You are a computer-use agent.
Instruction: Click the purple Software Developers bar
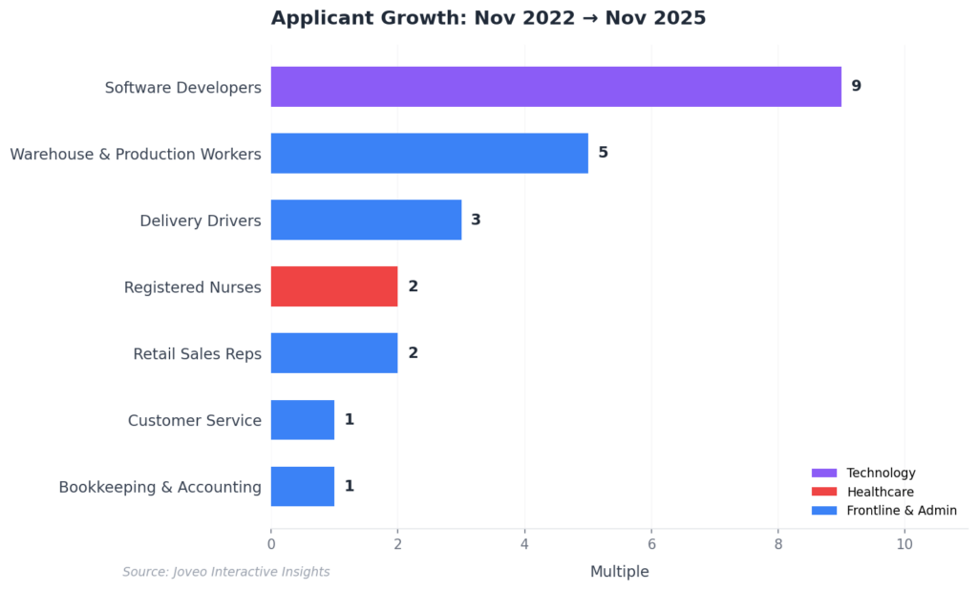555,87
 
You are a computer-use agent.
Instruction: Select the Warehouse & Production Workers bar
429,153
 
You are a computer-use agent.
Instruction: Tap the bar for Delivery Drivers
366,220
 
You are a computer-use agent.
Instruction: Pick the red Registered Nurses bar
333,286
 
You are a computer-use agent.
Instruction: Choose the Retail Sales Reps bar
333,353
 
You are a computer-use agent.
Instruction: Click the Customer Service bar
302,420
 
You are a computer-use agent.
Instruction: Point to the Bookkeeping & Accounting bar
302,487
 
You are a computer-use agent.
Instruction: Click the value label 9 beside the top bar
856,87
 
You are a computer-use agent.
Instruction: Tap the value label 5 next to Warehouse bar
603,153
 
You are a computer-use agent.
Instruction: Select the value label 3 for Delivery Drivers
476,220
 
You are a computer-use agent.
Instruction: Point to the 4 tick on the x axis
524,544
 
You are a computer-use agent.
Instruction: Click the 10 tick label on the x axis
904,544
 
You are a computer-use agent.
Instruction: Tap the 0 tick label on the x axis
271,544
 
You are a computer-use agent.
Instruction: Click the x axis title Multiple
619,572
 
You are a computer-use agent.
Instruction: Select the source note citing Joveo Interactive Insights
226,572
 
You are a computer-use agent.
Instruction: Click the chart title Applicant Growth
488,18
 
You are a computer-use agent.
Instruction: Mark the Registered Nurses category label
192,287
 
